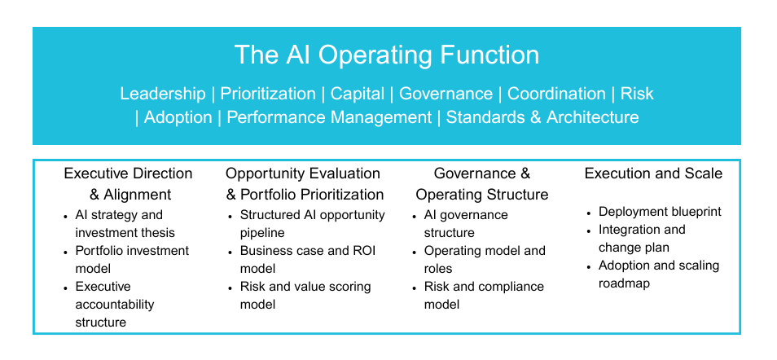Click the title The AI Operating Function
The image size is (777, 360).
pos(387,55)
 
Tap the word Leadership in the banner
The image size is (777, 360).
pos(163,94)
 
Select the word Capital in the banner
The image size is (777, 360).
pos(358,94)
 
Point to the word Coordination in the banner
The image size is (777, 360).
pos(556,94)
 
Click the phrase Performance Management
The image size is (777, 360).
pos(329,117)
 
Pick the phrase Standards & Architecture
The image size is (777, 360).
pos(542,117)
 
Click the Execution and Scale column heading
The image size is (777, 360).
pos(653,173)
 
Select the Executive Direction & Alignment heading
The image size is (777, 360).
pos(129,184)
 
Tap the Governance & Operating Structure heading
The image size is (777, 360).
pos(482,184)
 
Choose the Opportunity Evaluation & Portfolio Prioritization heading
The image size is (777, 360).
pos(305,184)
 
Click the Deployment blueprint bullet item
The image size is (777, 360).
pos(660,212)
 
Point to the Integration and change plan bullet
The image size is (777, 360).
pos(642,239)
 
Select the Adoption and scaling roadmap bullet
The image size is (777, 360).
pos(659,274)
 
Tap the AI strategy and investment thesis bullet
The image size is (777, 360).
pos(125,224)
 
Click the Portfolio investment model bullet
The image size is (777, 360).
pos(132,259)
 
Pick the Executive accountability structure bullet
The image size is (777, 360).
pos(115,304)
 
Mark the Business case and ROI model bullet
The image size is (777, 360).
pos(308,259)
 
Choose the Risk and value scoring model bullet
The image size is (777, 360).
pos(305,295)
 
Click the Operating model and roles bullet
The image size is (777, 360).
pos(485,259)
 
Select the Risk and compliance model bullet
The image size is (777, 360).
pos(484,295)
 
